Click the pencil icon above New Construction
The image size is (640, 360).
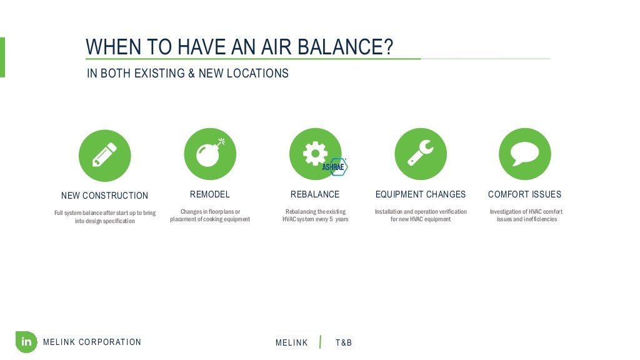pyautogui.click(x=104, y=155)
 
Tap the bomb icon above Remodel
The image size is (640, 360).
pyautogui.click(x=209, y=155)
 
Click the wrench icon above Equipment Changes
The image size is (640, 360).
pyautogui.click(x=420, y=154)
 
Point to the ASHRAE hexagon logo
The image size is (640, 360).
pyautogui.click(x=334, y=167)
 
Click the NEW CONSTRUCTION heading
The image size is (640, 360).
pyautogui.click(x=104, y=196)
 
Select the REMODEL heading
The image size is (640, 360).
pyautogui.click(x=209, y=194)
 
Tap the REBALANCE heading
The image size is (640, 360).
pyautogui.click(x=315, y=194)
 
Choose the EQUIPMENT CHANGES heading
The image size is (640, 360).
pyautogui.click(x=420, y=194)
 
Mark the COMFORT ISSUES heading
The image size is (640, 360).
pyautogui.click(x=524, y=194)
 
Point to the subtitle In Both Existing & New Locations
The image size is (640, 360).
pyautogui.click(x=187, y=74)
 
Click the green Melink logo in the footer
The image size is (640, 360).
pyautogui.click(x=26, y=342)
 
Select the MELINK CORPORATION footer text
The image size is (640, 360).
pyautogui.click(x=92, y=342)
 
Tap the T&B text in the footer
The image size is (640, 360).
pyautogui.click(x=344, y=342)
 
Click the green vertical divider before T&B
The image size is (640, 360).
pyautogui.click(x=321, y=342)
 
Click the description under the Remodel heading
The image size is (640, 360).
pyautogui.click(x=210, y=216)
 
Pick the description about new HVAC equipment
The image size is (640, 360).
pyautogui.click(x=420, y=216)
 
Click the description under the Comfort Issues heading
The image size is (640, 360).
pyautogui.click(x=526, y=216)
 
